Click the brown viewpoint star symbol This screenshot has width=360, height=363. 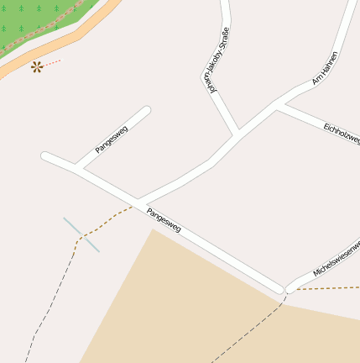pos(37,66)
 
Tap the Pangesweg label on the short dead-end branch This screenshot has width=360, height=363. pos(111,139)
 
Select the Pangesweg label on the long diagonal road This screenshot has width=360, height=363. pos(164,220)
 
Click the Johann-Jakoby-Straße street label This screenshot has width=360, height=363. pos(217,60)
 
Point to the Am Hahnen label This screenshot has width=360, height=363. pos(324,69)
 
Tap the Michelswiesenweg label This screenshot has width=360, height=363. pos(336,260)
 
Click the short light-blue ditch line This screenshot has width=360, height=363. pos(81,234)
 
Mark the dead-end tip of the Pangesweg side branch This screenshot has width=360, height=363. pos(146,110)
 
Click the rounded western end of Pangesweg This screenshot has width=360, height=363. pos(45,155)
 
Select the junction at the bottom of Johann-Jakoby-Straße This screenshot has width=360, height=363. pos(237,133)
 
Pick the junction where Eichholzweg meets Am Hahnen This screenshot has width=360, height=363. pos(278,105)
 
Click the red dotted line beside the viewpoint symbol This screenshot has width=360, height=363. pos(53,62)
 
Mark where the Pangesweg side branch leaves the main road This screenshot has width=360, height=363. pos(79,169)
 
